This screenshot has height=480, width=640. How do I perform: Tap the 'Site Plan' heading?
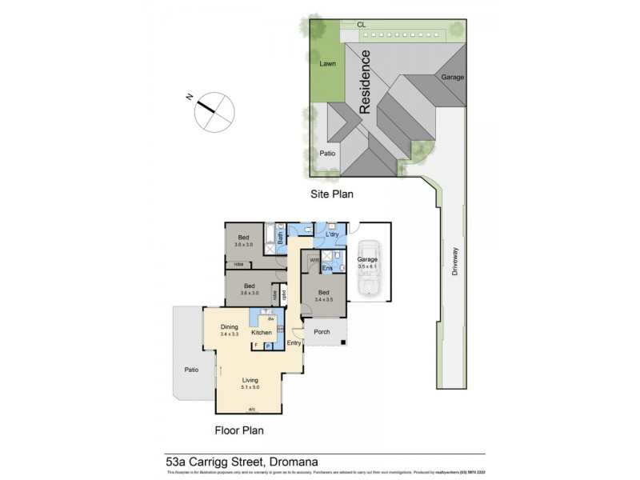pos(332,194)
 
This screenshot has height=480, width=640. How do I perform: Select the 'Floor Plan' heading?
pos(238,430)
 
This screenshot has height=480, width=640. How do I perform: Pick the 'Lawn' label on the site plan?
pos(328,63)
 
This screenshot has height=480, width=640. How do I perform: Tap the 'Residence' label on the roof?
pos(366,82)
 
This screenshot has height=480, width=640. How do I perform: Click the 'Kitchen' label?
pos(262,332)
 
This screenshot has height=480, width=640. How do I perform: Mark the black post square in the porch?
pos(343,344)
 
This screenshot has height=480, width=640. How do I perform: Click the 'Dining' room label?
pos(230,326)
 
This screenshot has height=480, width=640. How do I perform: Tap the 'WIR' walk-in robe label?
pos(314,260)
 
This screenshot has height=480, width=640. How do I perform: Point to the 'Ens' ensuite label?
pos(327,268)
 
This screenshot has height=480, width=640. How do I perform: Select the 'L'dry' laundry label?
pos(333,234)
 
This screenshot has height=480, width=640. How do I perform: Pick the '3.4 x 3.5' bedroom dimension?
pos(323,299)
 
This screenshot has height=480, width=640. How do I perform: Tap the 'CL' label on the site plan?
pos(362,25)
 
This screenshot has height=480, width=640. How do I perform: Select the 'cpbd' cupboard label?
pos(274,294)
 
